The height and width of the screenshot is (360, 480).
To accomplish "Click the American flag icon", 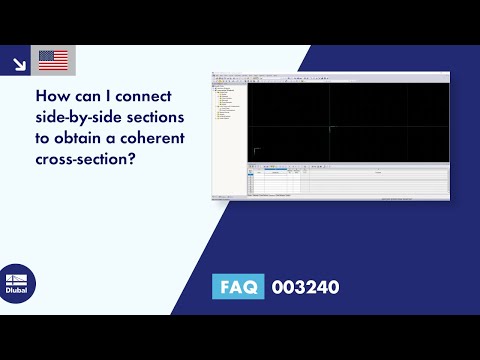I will pos(53,61).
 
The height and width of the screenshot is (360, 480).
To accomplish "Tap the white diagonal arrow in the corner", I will pos(18,62).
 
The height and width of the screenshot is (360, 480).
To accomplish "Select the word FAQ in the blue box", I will pos(238,288).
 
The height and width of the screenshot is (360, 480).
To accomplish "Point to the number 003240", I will pos(305,288).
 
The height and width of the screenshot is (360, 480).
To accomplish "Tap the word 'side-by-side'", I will pos(80,119).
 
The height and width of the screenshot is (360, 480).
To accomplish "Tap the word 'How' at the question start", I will pos(51,100).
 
